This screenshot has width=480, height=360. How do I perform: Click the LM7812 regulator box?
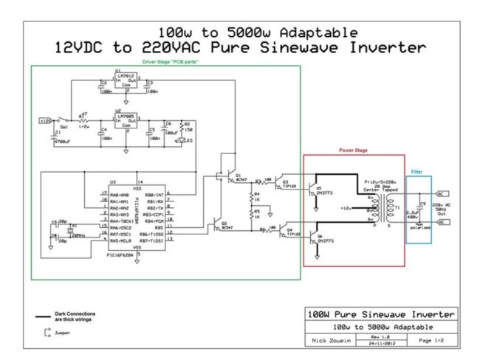125,82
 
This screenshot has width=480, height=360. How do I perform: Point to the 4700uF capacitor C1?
53,136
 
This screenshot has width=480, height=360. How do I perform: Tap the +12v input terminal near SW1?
44,120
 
